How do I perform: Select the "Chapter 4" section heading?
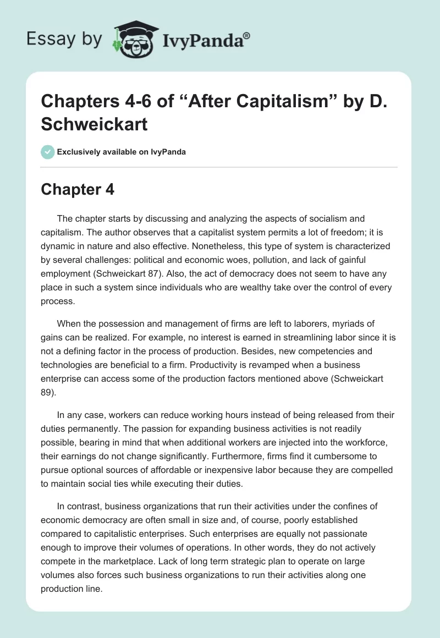(x=78, y=190)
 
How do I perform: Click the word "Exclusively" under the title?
(x=78, y=152)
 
